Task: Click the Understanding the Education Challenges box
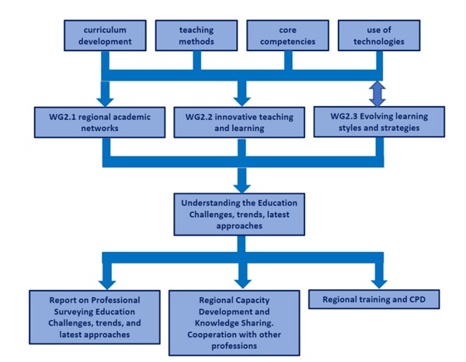(241, 210)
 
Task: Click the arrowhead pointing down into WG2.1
(106, 97)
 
